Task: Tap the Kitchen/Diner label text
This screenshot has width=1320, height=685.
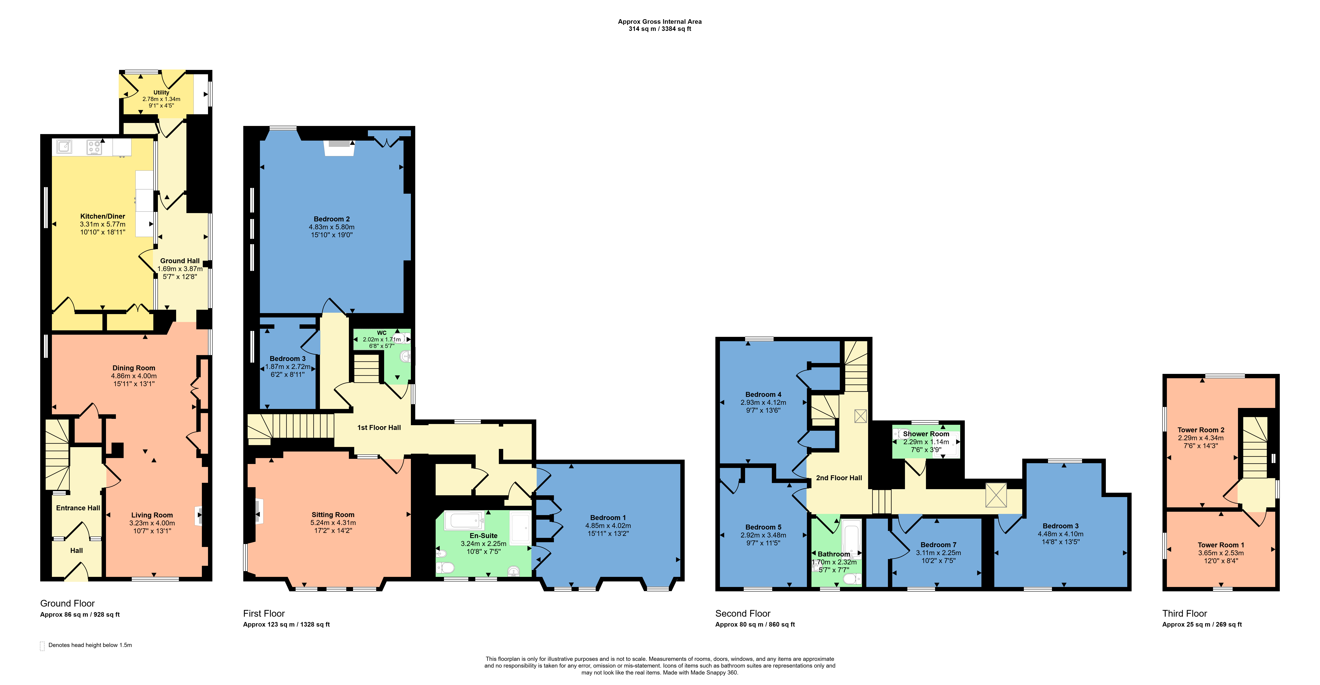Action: coord(102,216)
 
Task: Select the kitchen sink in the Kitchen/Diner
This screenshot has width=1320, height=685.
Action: coord(64,147)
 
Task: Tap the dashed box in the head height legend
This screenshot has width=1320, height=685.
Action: coord(42,646)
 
